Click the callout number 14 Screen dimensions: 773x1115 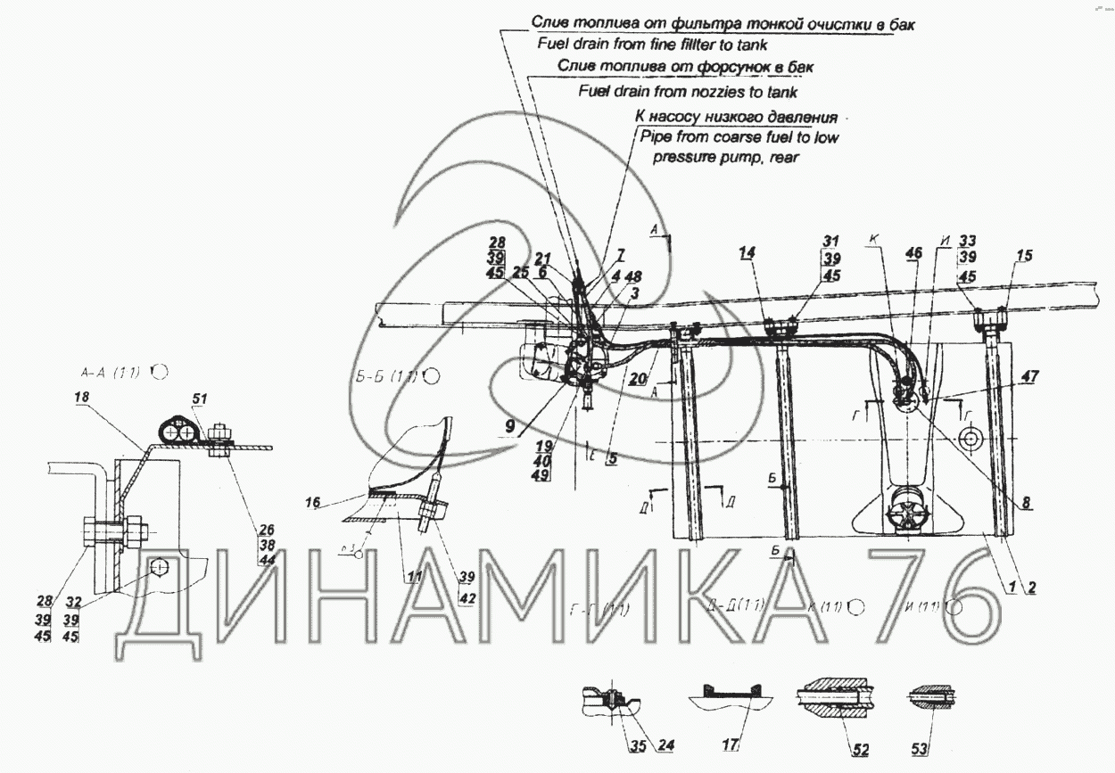point(746,254)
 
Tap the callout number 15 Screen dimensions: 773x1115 point(1023,256)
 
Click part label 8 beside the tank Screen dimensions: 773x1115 point(1027,503)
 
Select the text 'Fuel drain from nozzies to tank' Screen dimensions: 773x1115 point(688,91)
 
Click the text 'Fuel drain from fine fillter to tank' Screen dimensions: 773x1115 point(652,44)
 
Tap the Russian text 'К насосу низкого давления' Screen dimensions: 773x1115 point(735,117)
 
